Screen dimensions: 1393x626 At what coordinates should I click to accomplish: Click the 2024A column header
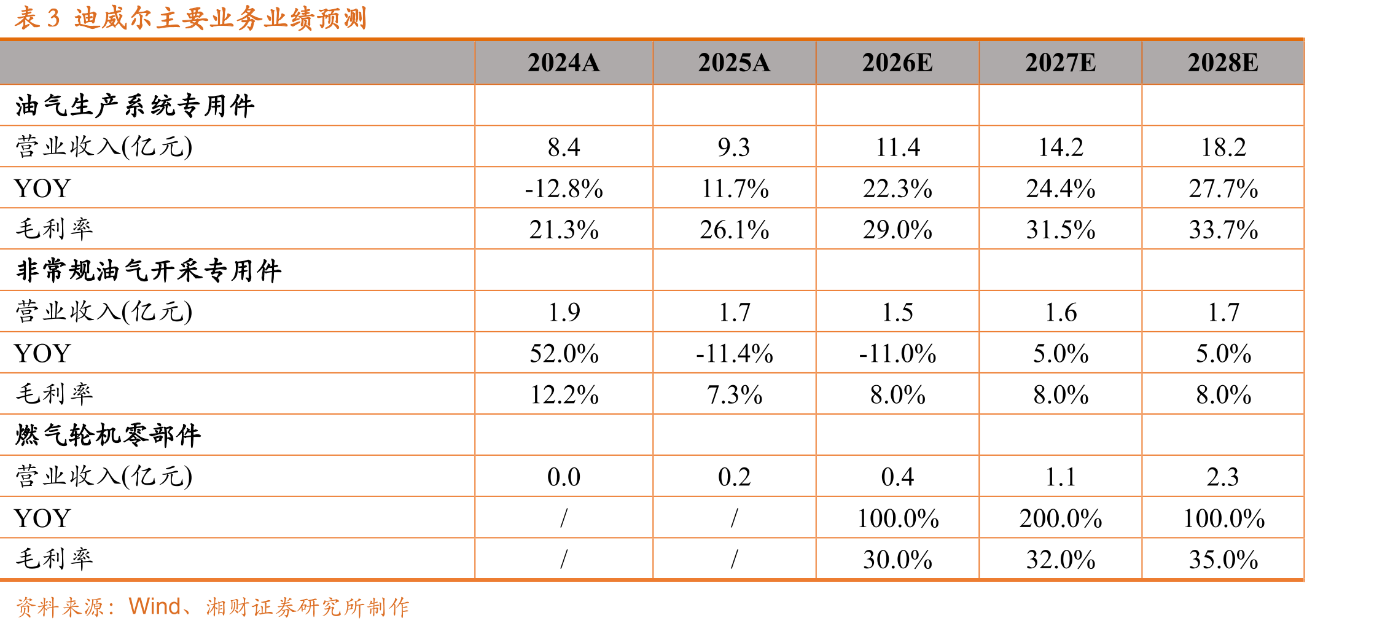pyautogui.click(x=563, y=63)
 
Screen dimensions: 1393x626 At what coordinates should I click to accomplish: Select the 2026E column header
pyautogui.click(x=897, y=63)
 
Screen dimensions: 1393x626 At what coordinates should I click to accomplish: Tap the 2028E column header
pyautogui.click(x=1223, y=63)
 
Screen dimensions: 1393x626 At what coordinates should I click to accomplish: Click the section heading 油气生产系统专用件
pyautogui.click(x=135, y=106)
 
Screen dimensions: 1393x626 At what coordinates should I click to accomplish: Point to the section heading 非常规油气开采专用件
pyautogui.click(x=149, y=270)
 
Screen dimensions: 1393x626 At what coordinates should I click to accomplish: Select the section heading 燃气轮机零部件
pyautogui.click(x=108, y=435)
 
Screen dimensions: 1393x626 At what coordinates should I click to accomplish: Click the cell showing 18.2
pyautogui.click(x=1223, y=147)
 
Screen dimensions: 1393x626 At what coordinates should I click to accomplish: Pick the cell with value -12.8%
pyautogui.click(x=564, y=189)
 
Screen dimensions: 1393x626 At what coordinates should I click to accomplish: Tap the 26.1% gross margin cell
pyautogui.click(x=735, y=230)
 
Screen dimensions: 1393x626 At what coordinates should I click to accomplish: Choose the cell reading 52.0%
pyautogui.click(x=564, y=354)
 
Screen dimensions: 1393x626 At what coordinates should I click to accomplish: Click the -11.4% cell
pyautogui.click(x=735, y=354)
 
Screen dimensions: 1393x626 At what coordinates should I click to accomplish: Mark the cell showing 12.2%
pyautogui.click(x=564, y=394)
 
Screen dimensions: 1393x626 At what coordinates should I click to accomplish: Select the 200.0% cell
pyautogui.click(x=1061, y=518)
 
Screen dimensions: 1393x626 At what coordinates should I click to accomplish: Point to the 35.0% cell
pyautogui.click(x=1223, y=560)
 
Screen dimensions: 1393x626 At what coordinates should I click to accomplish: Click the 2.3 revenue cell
pyautogui.click(x=1223, y=477)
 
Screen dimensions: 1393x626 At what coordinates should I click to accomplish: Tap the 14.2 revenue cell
pyautogui.click(x=1061, y=147)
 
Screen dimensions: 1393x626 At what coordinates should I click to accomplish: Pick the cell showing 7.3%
pyautogui.click(x=735, y=394)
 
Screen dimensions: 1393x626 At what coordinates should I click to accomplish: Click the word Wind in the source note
pyautogui.click(x=154, y=606)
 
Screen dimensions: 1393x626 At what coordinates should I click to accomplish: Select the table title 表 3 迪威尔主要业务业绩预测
pyautogui.click(x=191, y=18)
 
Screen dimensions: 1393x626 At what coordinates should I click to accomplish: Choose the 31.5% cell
pyautogui.click(x=1061, y=230)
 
